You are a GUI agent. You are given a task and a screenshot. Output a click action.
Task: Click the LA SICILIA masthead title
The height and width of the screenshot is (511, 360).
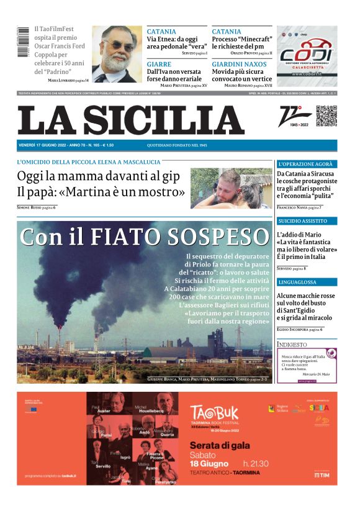pyautogui.click(x=130, y=120)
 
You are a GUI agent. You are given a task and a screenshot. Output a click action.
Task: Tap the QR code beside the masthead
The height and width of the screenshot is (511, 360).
pyautogui.click(x=326, y=116)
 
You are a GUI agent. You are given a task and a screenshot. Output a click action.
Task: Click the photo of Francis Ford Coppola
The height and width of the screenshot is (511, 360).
pyautogui.click(x=117, y=54)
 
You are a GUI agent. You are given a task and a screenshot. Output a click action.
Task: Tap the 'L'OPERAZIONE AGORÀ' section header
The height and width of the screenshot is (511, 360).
pyautogui.click(x=306, y=164)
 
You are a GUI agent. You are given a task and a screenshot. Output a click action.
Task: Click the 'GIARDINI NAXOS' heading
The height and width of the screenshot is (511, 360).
pyautogui.click(x=238, y=63)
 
